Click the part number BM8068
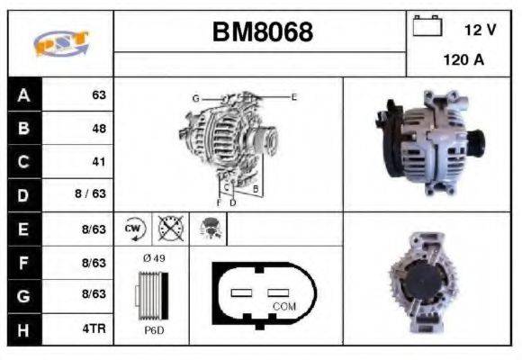coord(262,32)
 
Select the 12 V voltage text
coord(479,29)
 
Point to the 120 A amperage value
coord(463,60)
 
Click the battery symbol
coord(427,27)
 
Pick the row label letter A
coord(23,94)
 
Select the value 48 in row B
coord(99,129)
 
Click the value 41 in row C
coord(99,162)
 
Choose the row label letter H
coord(23,329)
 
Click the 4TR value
coord(94,329)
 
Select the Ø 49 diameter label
coord(153,259)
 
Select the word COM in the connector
coord(284,306)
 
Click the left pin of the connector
coord(245,292)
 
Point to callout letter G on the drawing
coord(194,97)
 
